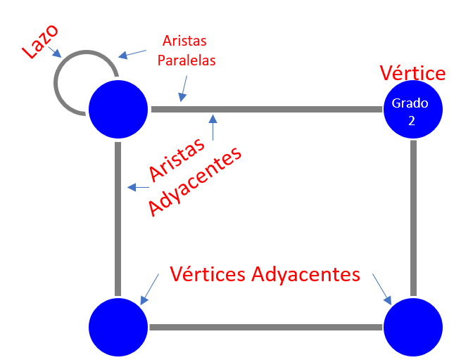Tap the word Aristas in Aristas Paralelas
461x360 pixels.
(x=184, y=41)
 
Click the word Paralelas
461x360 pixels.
(x=186, y=60)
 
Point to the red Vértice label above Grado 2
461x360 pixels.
(x=412, y=73)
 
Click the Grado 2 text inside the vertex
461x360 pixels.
(x=412, y=111)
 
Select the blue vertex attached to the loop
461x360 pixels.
(x=118, y=109)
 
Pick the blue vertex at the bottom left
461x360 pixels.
(x=118, y=326)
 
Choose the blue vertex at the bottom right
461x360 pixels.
(x=412, y=326)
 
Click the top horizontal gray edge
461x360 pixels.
(x=282, y=110)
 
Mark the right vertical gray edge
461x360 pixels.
(x=413, y=218)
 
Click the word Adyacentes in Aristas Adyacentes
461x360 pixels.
(x=196, y=182)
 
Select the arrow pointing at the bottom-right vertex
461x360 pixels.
(x=382, y=289)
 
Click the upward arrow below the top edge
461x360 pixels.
(x=213, y=129)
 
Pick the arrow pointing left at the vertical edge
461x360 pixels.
(x=137, y=187)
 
